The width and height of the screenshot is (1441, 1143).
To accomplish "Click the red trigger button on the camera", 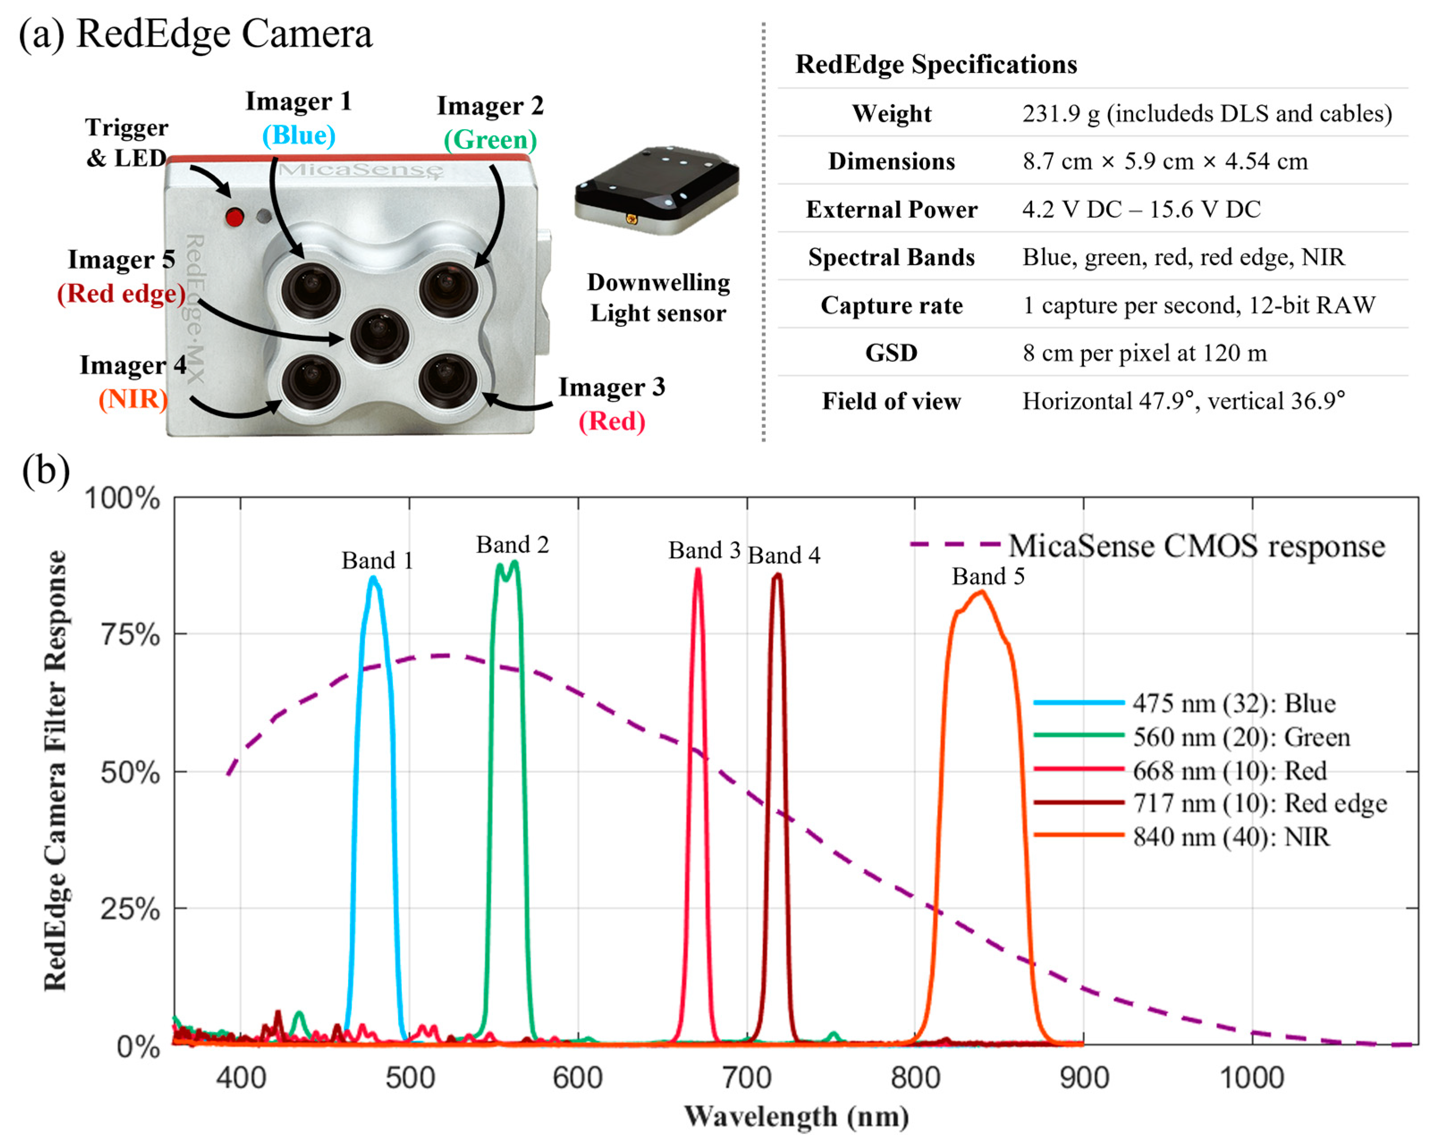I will [x=234, y=217].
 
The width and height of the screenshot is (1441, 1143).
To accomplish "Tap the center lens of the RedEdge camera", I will [x=379, y=336].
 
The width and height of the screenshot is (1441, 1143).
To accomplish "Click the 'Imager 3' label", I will [x=611, y=387].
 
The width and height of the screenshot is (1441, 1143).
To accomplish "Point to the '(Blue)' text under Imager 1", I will [x=298, y=135].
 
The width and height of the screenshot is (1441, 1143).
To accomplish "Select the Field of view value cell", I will [x=1183, y=401].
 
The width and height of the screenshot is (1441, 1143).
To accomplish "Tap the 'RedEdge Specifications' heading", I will [x=936, y=65].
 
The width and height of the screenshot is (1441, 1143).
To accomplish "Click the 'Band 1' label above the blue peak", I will [x=377, y=560].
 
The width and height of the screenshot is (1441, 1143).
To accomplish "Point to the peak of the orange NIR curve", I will [x=981, y=592].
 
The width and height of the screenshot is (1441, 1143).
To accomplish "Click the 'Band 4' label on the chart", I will [x=784, y=555].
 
